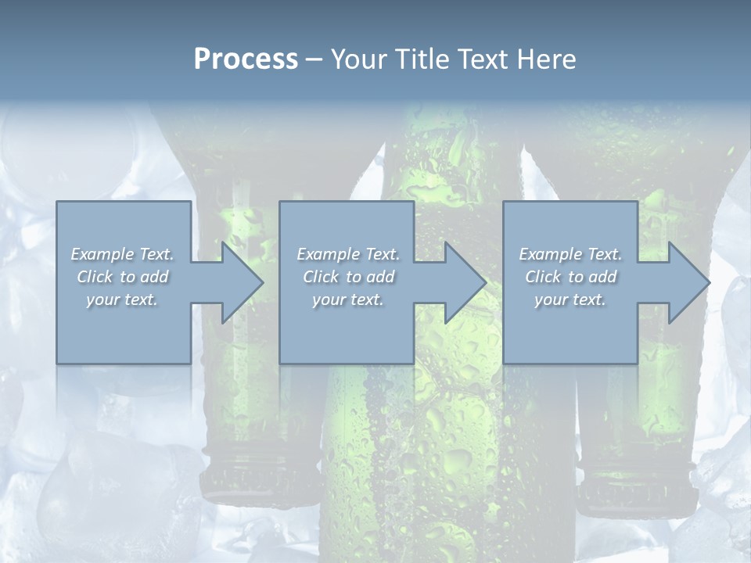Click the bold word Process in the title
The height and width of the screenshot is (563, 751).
pos(246,59)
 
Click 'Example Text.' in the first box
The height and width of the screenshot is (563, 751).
pos(122,254)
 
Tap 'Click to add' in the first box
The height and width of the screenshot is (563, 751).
pos(122,277)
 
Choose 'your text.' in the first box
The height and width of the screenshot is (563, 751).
pos(122,299)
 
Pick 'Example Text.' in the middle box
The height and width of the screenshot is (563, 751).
pos(347,254)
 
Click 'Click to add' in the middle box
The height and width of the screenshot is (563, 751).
pos(347,277)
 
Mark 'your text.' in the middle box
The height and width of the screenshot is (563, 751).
pos(347,299)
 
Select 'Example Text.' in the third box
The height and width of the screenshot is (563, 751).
pos(570,254)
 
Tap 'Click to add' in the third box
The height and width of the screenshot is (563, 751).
pos(570,277)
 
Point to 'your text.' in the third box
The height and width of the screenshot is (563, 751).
pos(570,299)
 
